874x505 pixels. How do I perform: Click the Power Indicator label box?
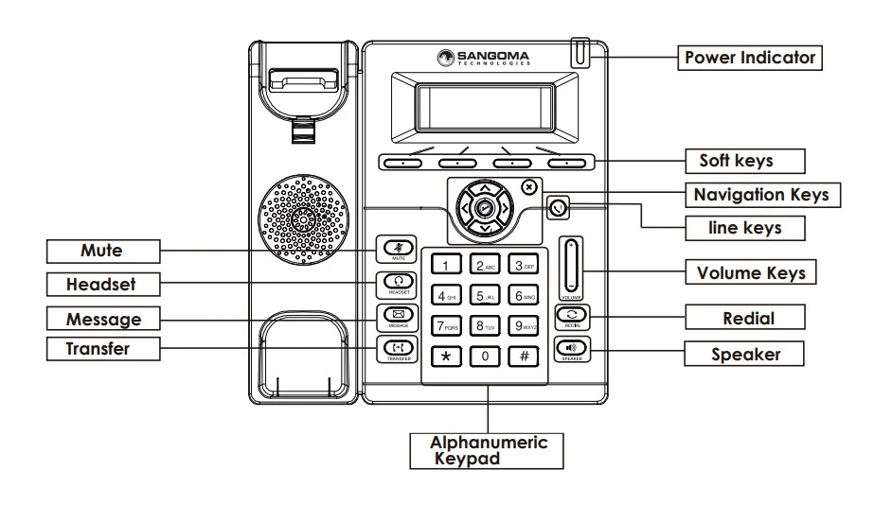pos(751,58)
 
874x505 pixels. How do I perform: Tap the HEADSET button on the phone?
pos(397,281)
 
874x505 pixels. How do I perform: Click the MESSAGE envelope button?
pos(397,315)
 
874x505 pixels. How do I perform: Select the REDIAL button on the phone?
pos(573,313)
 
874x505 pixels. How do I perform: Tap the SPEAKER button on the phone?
pos(573,347)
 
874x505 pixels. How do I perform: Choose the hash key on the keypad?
pos(524,357)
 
